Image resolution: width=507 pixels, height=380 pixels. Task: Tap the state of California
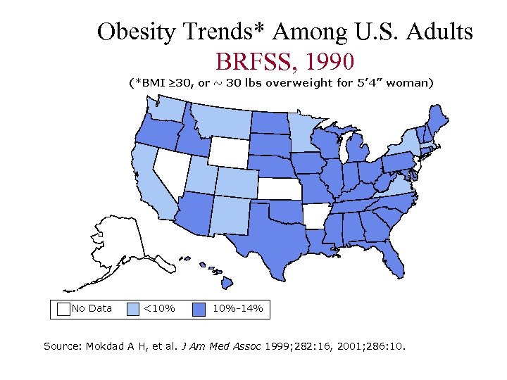click(x=151, y=183)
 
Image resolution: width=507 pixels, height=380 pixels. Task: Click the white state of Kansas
click(x=280, y=189)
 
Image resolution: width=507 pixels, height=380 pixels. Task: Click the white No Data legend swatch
click(x=63, y=308)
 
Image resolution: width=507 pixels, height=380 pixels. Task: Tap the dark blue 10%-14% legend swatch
click(x=200, y=308)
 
